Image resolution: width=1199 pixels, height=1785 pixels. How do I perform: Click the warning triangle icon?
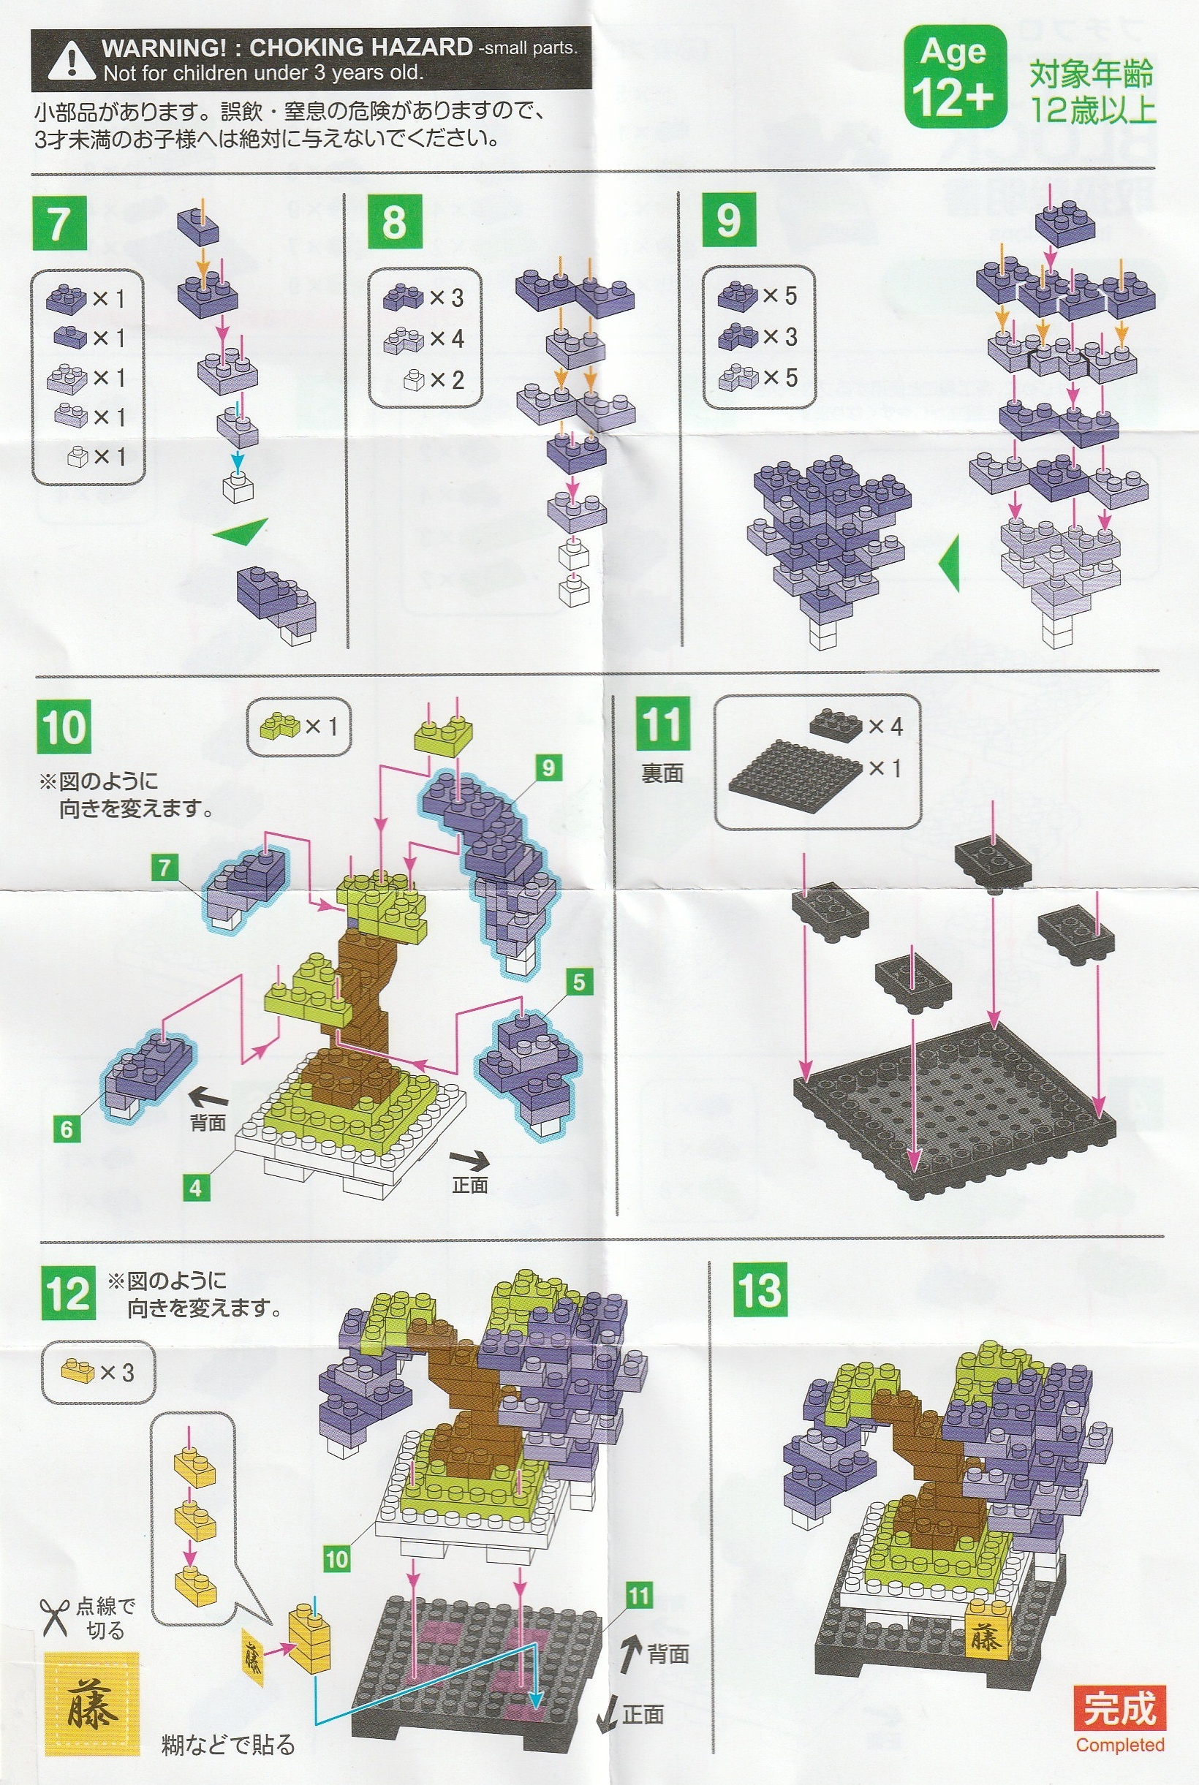tap(71, 61)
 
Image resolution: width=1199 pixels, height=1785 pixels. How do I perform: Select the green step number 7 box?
tap(60, 222)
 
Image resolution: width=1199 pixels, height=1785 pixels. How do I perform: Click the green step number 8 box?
tap(395, 221)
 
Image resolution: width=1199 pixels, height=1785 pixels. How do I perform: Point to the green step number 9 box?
tap(729, 219)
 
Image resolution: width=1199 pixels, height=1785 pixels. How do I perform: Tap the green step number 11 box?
tap(663, 723)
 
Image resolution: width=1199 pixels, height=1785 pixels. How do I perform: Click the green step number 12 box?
tap(69, 1292)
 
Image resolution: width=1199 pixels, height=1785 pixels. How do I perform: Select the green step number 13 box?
tap(760, 1289)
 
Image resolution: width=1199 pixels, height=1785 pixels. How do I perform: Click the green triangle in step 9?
tap(949, 563)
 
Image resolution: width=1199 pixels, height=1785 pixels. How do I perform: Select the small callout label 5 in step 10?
tap(579, 982)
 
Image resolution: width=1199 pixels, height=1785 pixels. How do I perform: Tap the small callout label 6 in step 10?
tap(67, 1129)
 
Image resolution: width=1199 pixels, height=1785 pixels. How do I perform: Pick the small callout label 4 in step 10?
tap(196, 1188)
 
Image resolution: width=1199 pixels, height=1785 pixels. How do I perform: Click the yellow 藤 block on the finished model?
tap(985, 1637)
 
